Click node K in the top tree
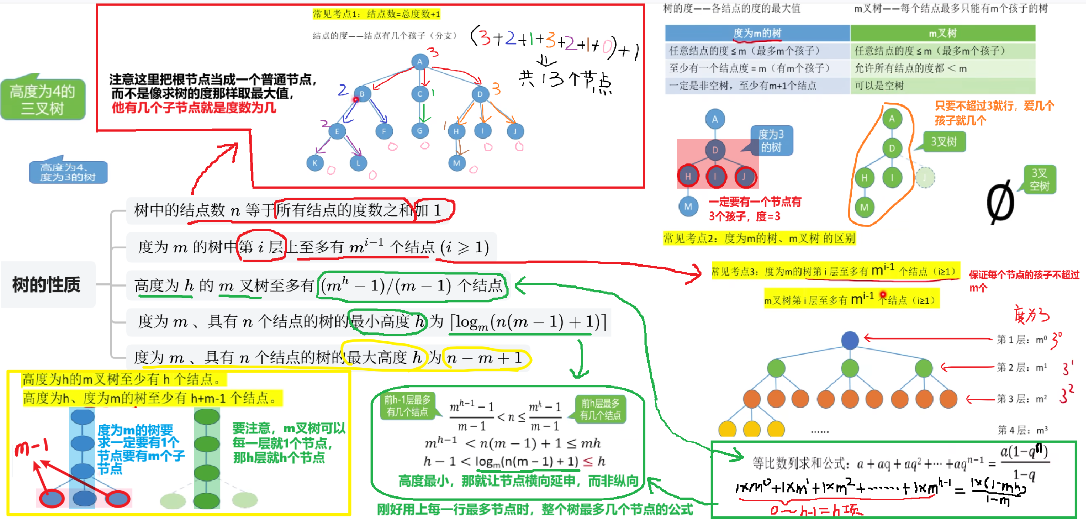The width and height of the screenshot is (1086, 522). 314,163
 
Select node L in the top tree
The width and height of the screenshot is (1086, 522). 358,163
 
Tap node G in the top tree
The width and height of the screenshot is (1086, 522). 420,130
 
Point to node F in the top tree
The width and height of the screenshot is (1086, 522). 384,131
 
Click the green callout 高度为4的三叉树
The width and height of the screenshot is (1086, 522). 43,100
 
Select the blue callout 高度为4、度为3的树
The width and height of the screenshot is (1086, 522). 67,173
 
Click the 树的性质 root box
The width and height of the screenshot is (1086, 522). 47,285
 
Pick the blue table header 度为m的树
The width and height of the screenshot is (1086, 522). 757,33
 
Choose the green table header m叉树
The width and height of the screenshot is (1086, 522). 942,33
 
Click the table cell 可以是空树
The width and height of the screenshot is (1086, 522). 879,85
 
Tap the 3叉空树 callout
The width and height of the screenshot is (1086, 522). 1039,180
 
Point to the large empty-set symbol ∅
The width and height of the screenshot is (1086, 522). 1000,203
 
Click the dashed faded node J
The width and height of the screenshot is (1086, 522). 925,177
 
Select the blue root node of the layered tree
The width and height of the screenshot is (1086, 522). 850,340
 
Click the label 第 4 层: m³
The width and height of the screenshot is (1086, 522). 1022,430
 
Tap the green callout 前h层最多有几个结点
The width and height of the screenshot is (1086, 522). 600,409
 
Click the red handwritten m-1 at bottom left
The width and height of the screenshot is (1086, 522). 31,447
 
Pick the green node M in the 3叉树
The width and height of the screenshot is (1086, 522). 864,207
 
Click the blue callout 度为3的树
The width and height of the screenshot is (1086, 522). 771,141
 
